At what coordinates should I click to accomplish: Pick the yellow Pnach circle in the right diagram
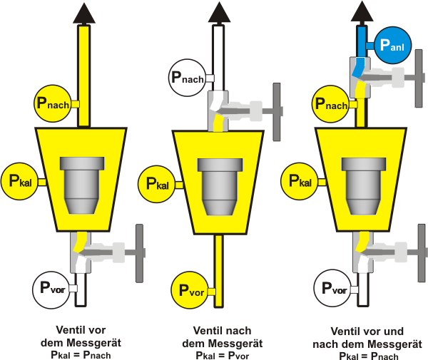point(333,104)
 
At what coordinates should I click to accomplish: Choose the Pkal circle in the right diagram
point(300,182)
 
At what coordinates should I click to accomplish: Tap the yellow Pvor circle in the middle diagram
point(189,289)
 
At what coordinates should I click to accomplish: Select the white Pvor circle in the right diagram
point(333,289)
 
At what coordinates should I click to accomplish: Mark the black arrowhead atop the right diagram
point(363,11)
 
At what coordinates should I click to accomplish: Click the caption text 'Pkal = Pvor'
point(221,354)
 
